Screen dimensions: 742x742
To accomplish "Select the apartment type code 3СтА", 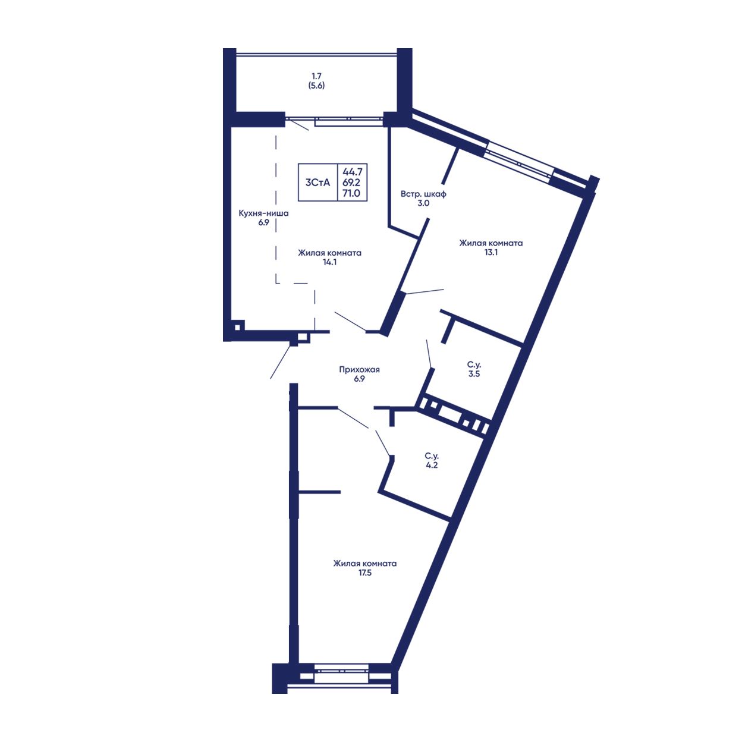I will click(317, 183).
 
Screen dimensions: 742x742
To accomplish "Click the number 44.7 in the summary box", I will click(351, 172).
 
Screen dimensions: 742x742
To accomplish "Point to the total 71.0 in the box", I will click(351, 193).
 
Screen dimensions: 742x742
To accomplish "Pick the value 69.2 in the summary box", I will click(351, 183).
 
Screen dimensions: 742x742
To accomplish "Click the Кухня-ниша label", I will click(263, 213).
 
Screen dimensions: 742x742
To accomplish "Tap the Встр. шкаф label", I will click(423, 194).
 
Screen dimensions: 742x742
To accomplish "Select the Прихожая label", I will click(359, 369).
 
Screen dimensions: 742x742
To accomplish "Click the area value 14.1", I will click(329, 262).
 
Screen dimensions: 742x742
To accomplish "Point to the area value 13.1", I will click(491, 252).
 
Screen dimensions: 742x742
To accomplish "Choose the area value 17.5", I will click(364, 573).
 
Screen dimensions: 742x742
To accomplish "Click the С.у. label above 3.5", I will click(473, 364).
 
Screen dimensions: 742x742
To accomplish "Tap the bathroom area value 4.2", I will click(431, 466).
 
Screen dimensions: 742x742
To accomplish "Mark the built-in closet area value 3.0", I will click(423, 203).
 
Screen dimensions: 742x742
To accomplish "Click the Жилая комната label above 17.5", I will click(364, 564).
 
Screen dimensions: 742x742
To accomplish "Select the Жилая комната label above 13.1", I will click(491, 243).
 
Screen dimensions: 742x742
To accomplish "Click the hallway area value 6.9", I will click(359, 379).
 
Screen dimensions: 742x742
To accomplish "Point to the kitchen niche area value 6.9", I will click(263, 222).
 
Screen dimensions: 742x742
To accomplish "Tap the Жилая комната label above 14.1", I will click(329, 253).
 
